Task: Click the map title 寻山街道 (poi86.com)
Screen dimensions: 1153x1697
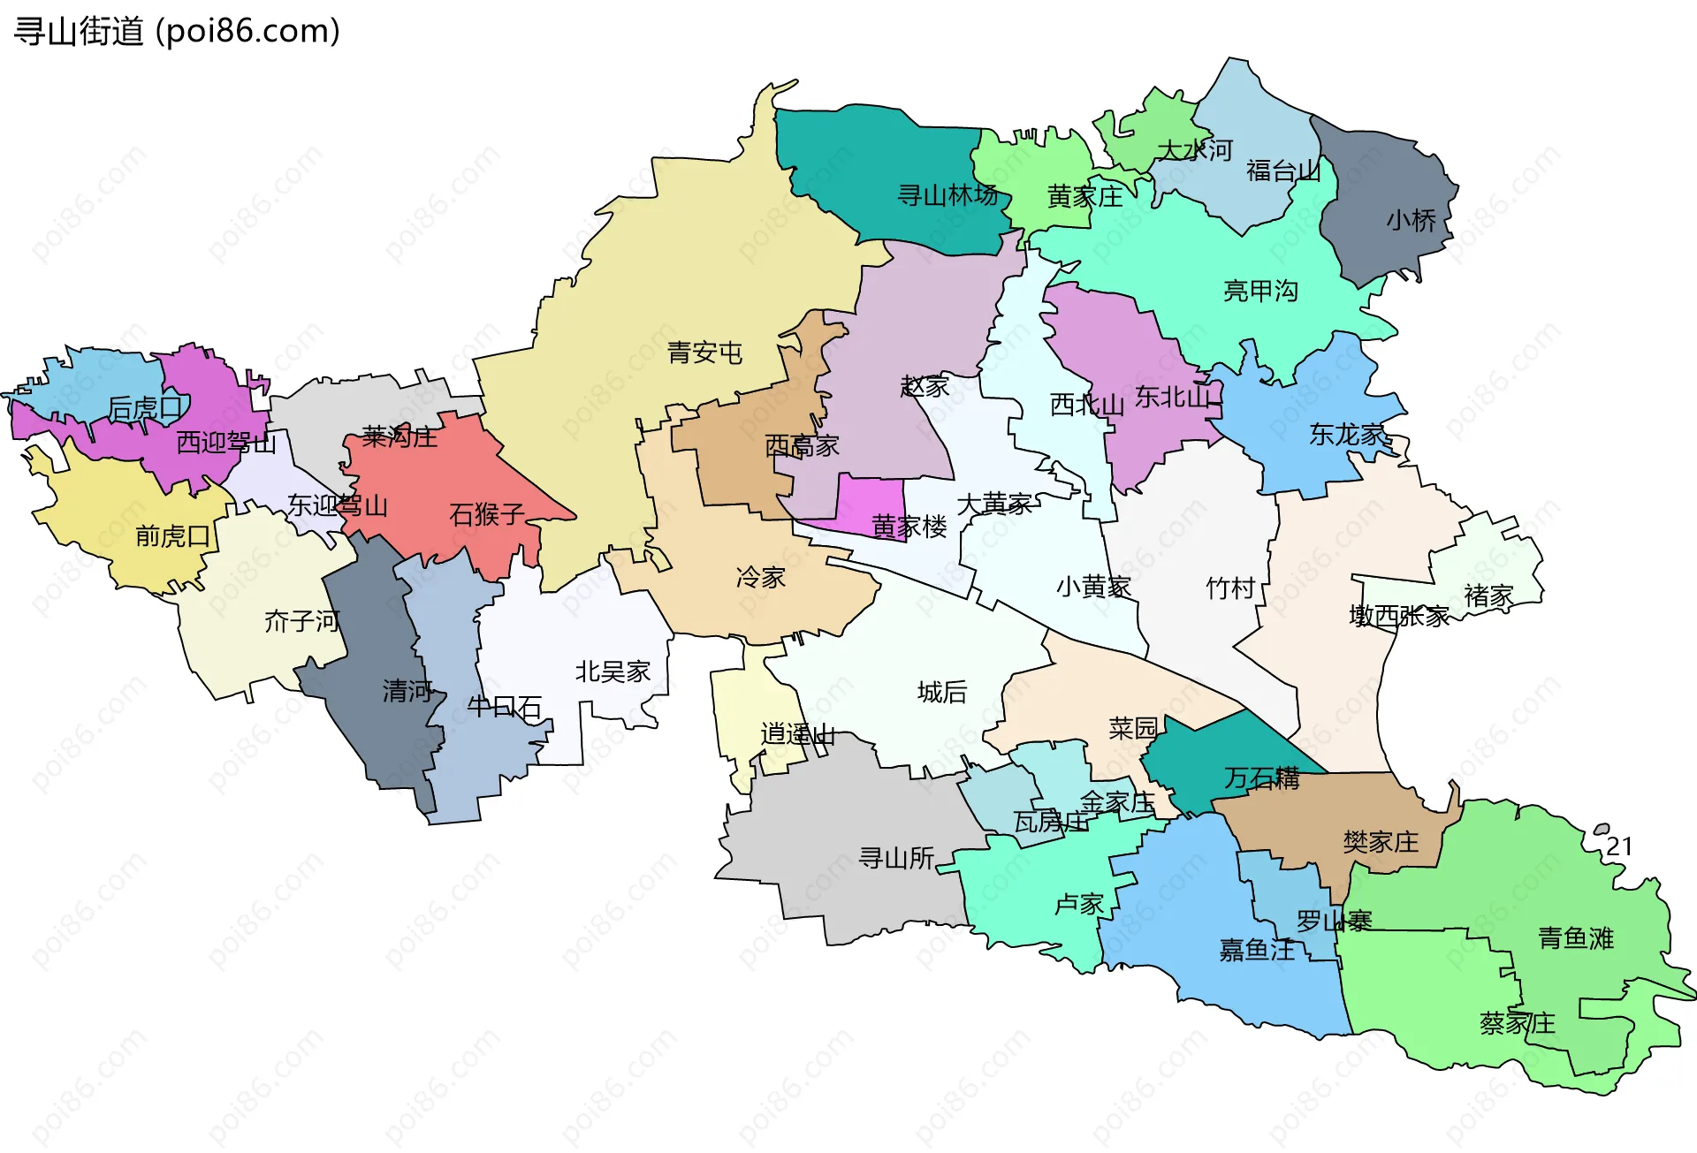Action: [177, 31]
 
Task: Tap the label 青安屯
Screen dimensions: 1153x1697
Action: [704, 353]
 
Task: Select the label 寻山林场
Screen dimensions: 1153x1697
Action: [947, 195]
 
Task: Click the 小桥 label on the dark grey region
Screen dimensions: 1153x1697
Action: [1411, 220]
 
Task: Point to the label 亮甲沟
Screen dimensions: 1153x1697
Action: [1260, 291]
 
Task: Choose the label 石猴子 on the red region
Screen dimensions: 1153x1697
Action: [487, 513]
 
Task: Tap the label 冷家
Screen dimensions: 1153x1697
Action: [760, 578]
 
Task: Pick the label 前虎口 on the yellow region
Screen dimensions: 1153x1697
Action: [172, 535]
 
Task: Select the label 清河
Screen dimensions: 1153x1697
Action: [407, 691]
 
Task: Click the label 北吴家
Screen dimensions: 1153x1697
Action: [613, 671]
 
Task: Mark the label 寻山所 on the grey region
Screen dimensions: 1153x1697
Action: [896, 857]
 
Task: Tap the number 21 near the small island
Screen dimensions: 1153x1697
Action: [1619, 846]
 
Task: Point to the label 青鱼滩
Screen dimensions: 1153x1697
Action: [1576, 937]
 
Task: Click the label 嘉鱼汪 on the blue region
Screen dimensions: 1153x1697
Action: [1257, 950]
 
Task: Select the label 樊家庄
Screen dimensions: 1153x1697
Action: [1381, 841]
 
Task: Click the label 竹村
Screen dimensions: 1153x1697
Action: [1230, 588]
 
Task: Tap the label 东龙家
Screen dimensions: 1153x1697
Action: [1346, 434]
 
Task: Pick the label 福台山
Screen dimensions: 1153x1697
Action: [1283, 171]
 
